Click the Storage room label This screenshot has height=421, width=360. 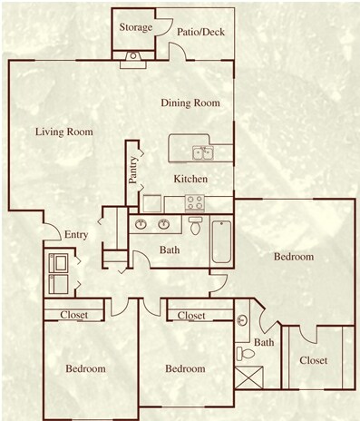tap(135, 27)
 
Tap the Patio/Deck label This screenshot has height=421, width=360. tap(200, 33)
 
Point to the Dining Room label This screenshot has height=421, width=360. tap(190, 103)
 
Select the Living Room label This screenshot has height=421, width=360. tap(64, 132)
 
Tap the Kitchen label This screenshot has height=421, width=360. tap(190, 179)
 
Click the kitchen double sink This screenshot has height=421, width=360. tap(201, 152)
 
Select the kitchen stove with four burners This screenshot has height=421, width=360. tap(195, 202)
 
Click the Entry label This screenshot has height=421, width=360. tap(76, 236)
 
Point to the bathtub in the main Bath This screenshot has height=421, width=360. tap(221, 240)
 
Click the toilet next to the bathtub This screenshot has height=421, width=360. tap(195, 224)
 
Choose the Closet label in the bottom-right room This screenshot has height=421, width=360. tap(313, 361)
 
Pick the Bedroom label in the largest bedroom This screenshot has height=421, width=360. tap(294, 257)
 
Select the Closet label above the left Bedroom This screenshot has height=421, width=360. tap(74, 315)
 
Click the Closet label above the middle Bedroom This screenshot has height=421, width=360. tap(191, 315)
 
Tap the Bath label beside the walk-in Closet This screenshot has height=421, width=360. tap(263, 342)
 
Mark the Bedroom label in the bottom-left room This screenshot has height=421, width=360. tap(85, 368)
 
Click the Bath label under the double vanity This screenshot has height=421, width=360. tap(169, 250)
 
